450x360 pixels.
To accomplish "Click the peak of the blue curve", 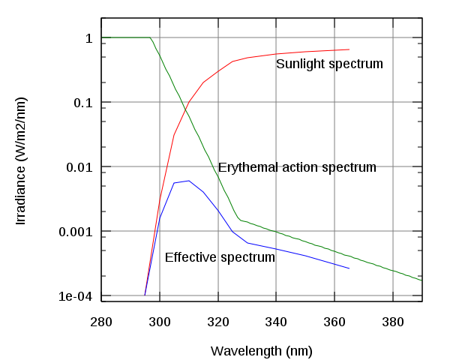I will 188,180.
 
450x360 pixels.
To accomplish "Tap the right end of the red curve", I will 349,49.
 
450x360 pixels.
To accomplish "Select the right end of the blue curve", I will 349,268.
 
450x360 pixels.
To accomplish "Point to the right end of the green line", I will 421,280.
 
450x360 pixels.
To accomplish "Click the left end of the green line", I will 102,37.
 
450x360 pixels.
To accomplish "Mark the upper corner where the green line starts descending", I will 151,37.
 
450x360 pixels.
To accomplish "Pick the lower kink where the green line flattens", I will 239,219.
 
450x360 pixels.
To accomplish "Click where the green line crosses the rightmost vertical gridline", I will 393,271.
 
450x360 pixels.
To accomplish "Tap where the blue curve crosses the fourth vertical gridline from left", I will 334,263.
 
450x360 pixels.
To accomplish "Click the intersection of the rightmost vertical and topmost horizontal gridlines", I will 393,37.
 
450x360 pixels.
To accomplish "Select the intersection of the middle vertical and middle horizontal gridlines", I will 276,166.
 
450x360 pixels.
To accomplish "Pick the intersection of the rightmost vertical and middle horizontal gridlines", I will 393,166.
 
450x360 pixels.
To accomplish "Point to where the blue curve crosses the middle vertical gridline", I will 276,248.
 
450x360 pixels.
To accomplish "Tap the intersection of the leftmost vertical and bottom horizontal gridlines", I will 160,295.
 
